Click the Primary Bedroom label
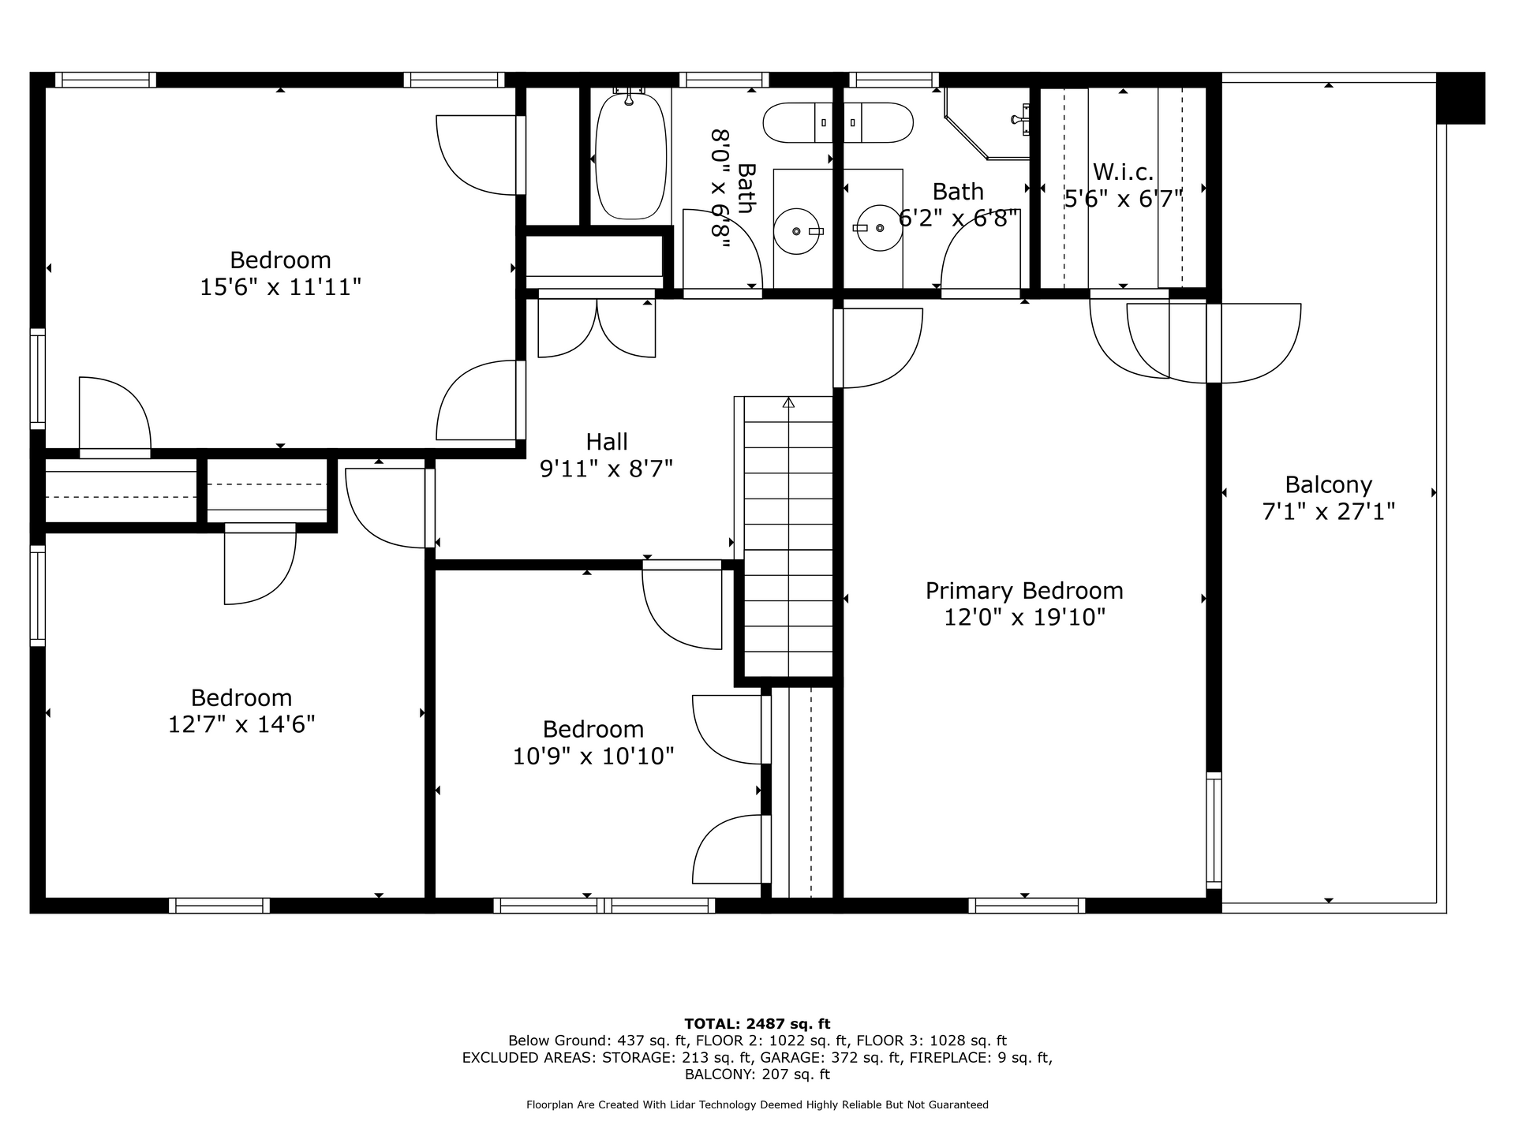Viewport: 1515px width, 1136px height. click(1024, 591)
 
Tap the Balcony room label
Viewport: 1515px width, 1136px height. click(1329, 484)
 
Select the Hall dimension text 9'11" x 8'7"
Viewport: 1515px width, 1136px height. click(606, 469)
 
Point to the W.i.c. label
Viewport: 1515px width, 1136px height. click(1124, 172)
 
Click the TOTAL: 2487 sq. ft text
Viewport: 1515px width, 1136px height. click(757, 1024)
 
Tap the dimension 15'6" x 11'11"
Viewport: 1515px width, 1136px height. click(280, 287)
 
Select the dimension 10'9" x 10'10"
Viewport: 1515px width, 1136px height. click(593, 757)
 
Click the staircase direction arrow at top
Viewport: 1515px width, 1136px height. click(788, 402)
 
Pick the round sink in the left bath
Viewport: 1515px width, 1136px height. click(797, 230)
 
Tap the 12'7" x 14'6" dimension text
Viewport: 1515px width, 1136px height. click(241, 724)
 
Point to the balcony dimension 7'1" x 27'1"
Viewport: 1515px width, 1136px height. click(1329, 512)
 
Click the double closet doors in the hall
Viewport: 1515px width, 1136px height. click(597, 328)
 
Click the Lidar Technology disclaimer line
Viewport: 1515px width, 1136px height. click(757, 1104)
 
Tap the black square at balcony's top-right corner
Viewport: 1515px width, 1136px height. click(1461, 99)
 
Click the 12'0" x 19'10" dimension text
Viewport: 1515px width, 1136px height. click(1024, 617)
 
